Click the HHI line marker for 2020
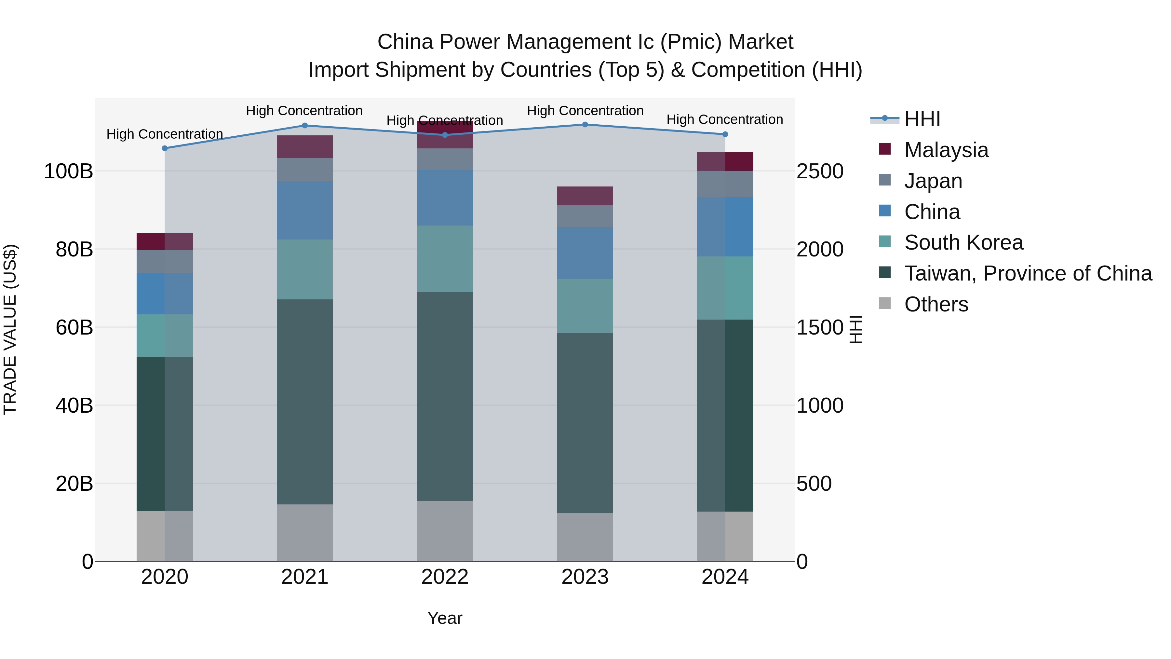165,148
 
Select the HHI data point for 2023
585,125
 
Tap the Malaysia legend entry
946,150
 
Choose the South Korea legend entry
963,242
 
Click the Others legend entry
936,304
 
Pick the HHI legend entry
922,119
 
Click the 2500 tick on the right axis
820,172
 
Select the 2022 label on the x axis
445,577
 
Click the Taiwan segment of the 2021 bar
304,401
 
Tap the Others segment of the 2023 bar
585,537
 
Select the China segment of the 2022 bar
445,198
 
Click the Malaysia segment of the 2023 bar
585,196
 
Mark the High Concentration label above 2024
725,120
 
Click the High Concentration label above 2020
165,134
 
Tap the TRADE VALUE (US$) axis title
10,329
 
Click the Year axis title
445,618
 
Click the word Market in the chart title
760,42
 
